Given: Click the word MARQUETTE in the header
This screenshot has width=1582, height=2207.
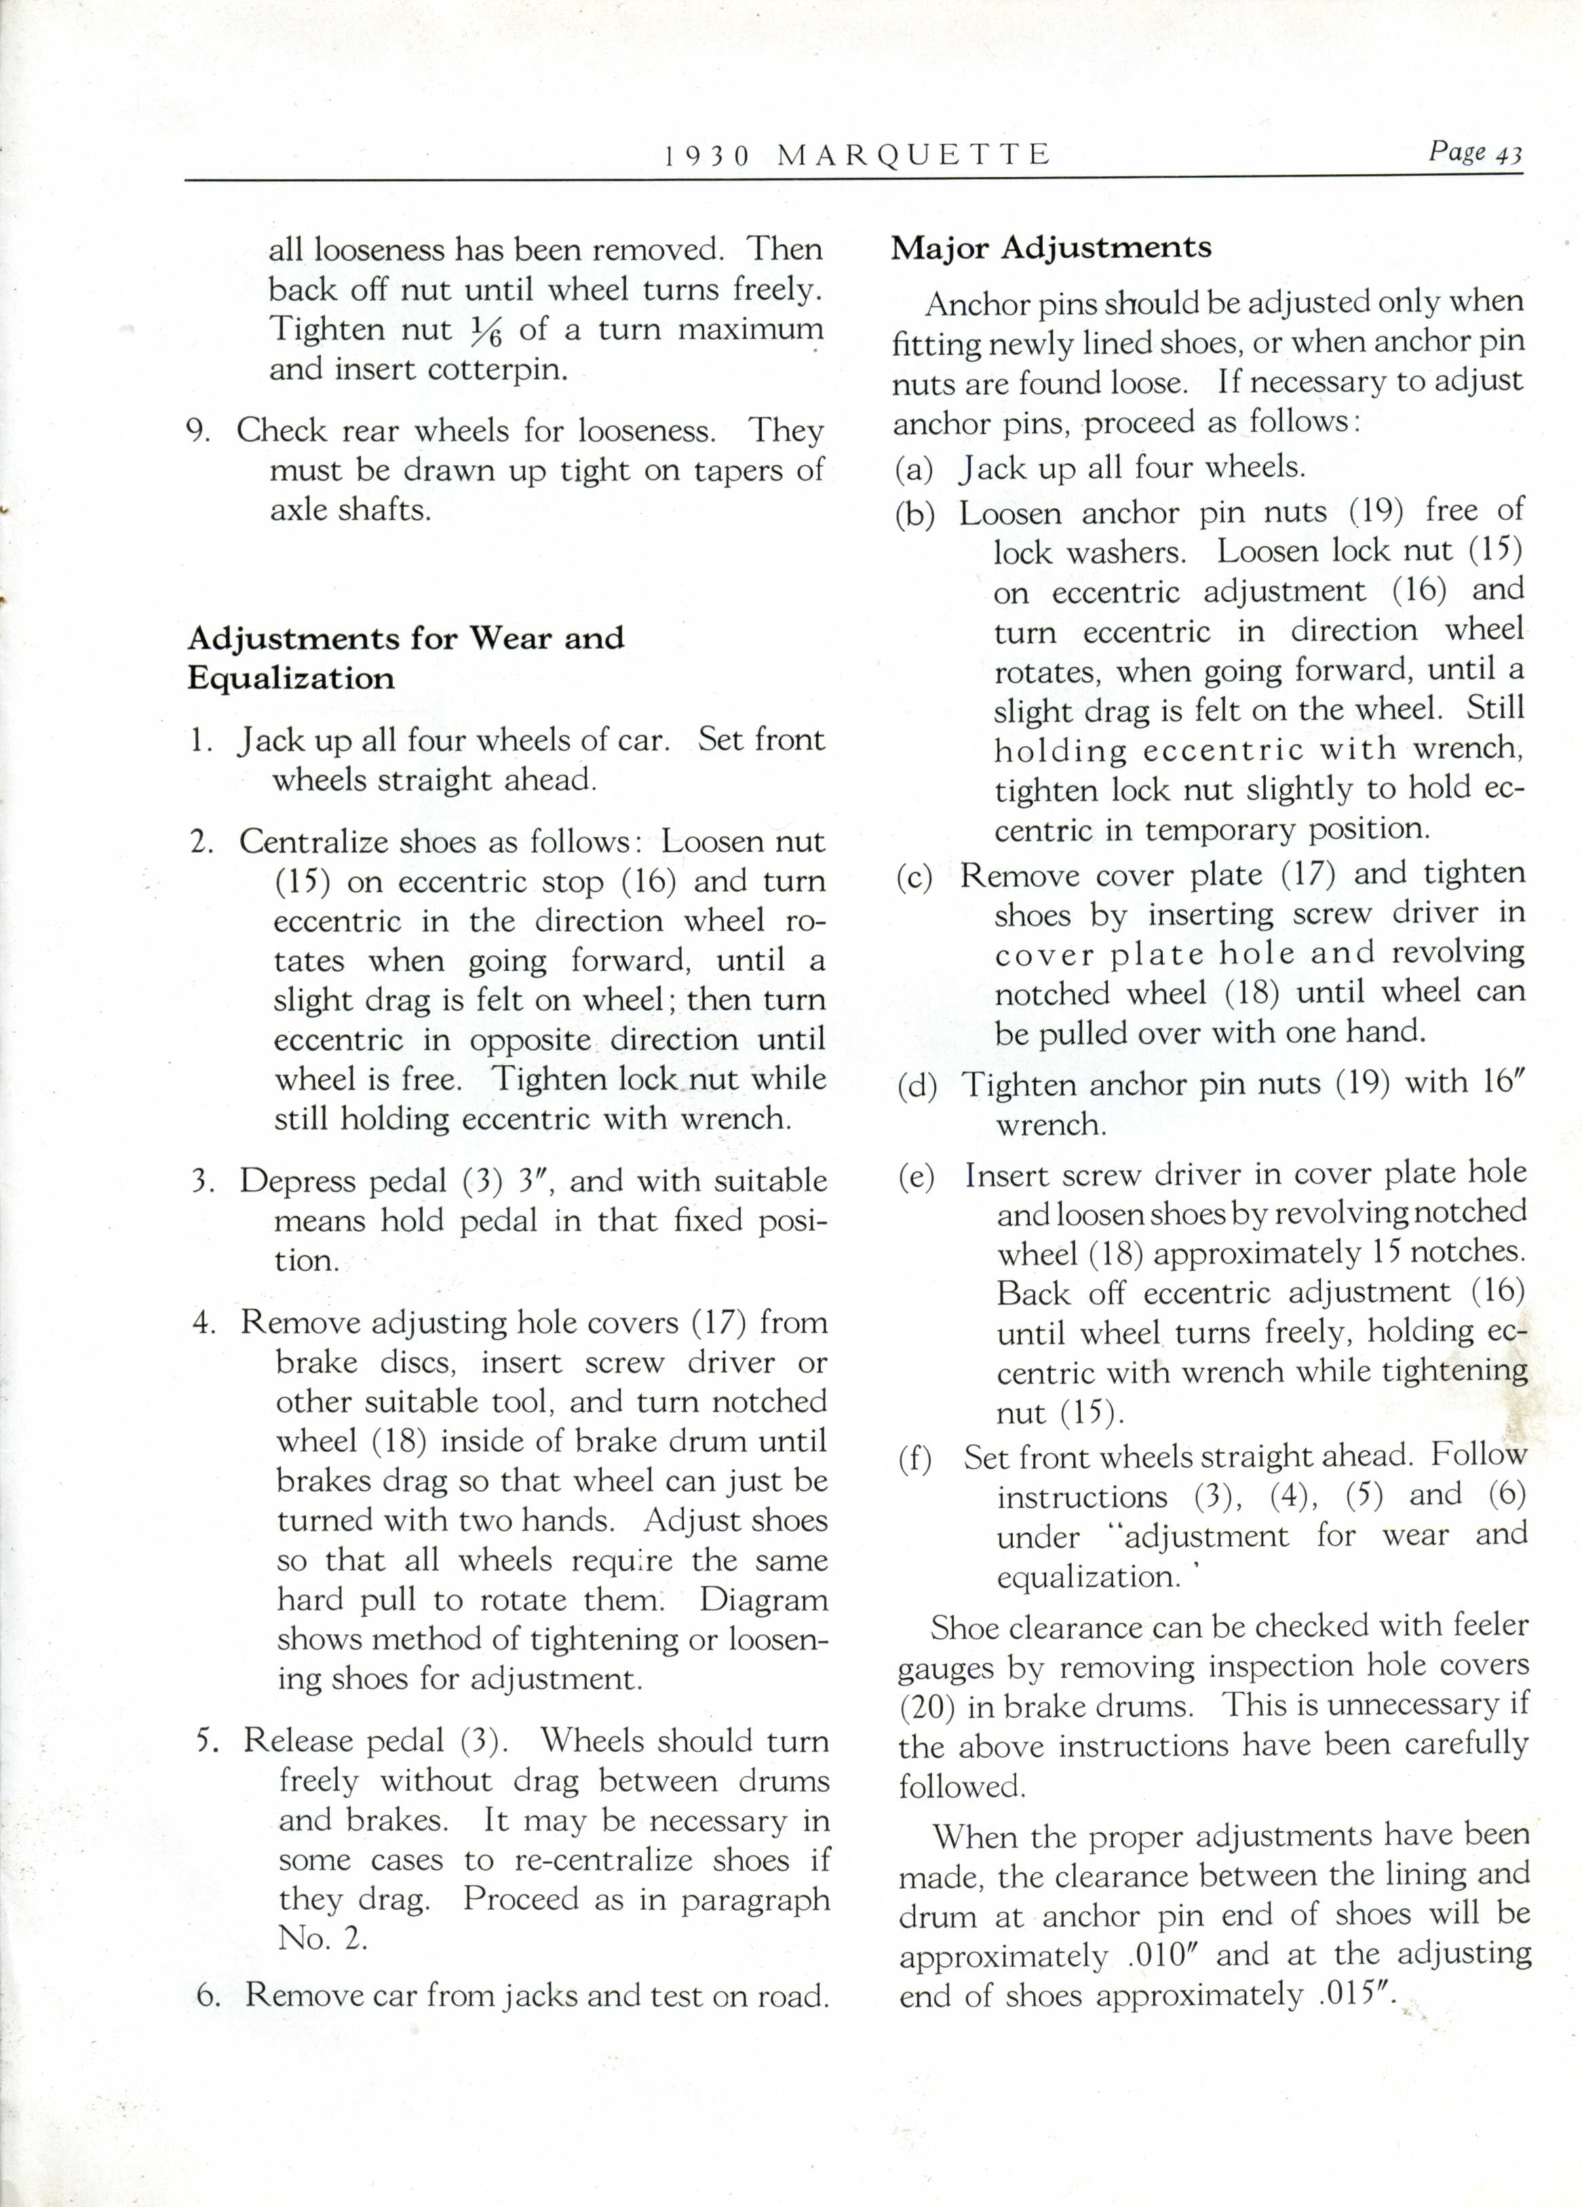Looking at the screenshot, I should point(914,155).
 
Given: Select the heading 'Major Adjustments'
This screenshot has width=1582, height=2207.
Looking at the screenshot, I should point(1051,247).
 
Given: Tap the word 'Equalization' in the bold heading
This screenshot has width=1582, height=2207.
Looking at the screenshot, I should point(291,678).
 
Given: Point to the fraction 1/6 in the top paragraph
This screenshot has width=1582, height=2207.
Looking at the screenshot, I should point(484,332).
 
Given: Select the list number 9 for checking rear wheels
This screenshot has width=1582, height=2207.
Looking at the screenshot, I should point(199,430).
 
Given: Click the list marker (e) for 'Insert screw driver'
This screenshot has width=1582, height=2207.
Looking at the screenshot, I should point(914,1176).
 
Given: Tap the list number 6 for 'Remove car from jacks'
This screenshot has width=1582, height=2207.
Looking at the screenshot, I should point(206,1995).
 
